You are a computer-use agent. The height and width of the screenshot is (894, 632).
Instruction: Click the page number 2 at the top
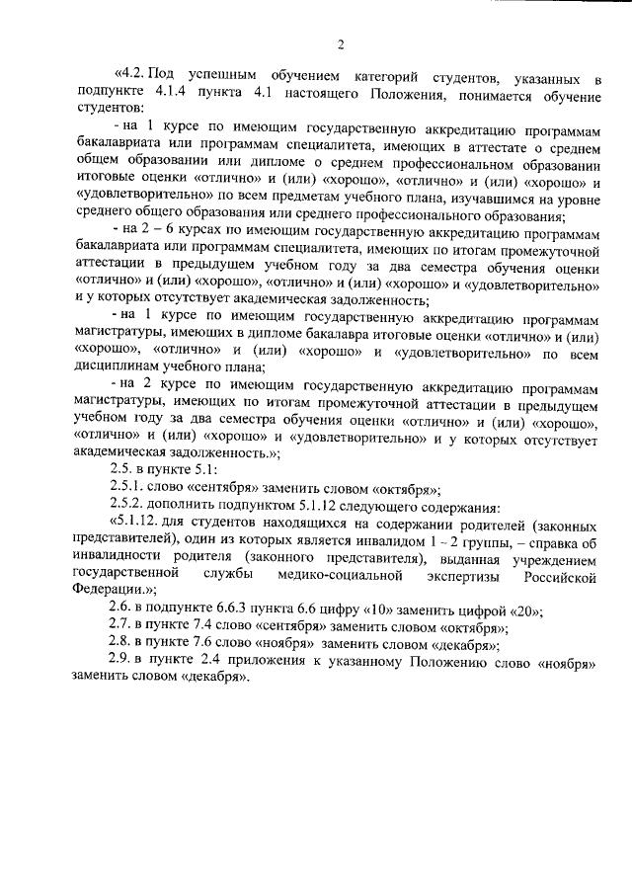(x=339, y=43)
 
